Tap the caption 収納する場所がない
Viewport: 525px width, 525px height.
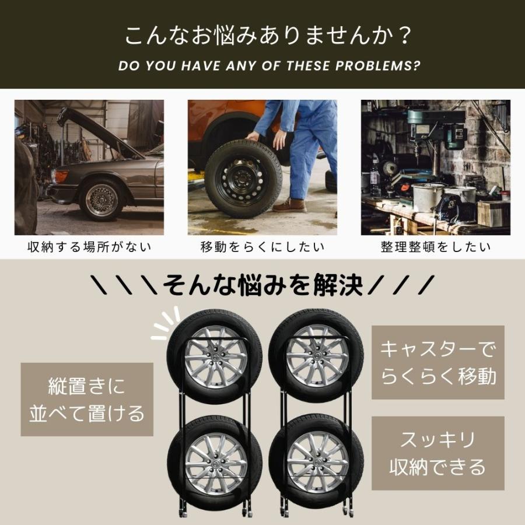point(89,247)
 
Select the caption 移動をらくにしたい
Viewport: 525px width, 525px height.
point(262,247)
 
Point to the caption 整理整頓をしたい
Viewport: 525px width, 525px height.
point(436,247)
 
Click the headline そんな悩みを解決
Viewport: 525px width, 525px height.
point(263,285)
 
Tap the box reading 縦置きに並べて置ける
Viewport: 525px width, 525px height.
point(87,400)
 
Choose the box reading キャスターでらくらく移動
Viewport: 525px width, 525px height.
point(438,362)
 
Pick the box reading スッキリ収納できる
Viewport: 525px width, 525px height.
point(437,453)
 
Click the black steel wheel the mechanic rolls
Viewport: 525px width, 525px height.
point(243,178)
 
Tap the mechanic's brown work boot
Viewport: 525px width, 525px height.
point(290,205)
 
